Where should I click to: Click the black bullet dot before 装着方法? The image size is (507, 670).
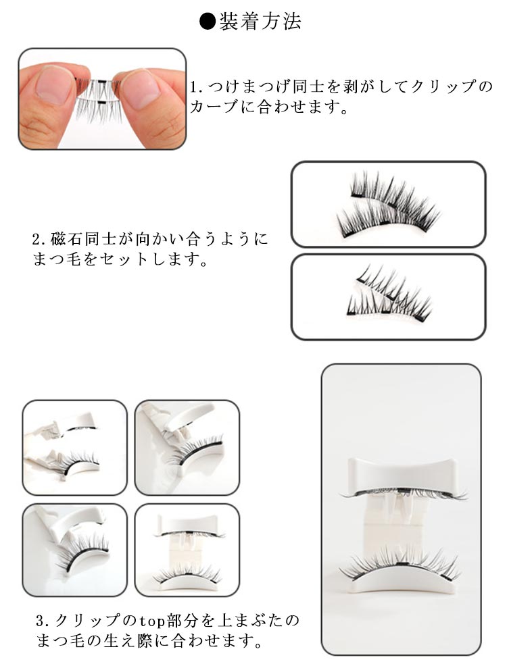[208, 22]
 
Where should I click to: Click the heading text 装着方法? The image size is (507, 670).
[260, 22]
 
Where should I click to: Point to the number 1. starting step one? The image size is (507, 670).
[197, 87]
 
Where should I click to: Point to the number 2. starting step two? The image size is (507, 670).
[39, 239]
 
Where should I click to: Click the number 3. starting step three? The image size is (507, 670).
[43, 621]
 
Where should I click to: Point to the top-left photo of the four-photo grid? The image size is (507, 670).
[75, 447]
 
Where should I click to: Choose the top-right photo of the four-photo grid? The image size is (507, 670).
[187, 447]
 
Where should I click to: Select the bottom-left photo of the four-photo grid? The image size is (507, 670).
[75, 550]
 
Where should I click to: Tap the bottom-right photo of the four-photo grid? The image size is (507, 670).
[187, 550]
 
